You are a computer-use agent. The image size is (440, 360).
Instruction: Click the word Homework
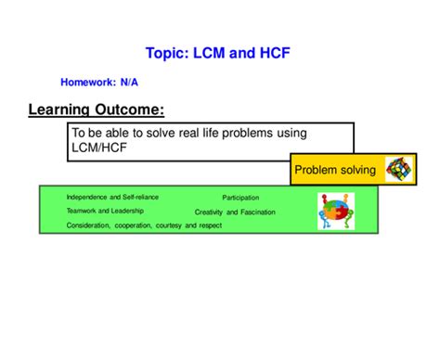(88, 82)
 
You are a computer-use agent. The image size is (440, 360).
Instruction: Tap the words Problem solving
(334, 170)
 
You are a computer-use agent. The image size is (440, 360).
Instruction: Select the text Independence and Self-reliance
(105, 198)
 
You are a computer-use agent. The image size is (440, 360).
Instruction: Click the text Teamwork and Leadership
(98, 211)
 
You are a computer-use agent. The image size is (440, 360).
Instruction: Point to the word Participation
(240, 198)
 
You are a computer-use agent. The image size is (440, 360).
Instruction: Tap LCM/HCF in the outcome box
(99, 147)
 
